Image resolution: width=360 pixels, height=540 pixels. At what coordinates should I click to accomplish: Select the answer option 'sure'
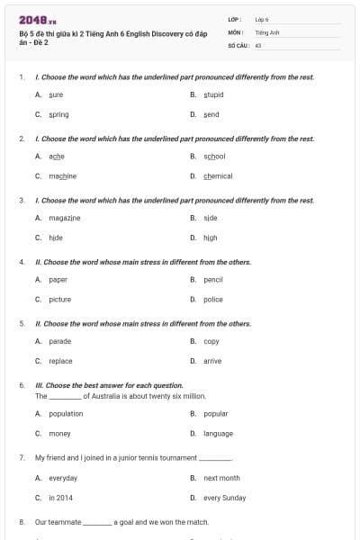click(56, 94)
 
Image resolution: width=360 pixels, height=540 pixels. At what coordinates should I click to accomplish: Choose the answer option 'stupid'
click(213, 94)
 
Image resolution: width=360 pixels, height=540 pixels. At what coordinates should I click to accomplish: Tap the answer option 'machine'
click(62, 175)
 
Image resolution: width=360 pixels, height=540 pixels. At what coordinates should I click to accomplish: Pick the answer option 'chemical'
click(218, 175)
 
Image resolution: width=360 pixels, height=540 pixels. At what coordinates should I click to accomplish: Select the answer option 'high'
click(211, 238)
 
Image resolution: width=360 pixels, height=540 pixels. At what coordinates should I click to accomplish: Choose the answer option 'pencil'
click(213, 279)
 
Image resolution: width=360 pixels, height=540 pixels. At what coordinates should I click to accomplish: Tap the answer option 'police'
click(213, 299)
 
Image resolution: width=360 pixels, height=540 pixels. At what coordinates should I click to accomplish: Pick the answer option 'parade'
click(59, 341)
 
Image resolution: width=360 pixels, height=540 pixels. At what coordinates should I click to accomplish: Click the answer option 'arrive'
click(212, 361)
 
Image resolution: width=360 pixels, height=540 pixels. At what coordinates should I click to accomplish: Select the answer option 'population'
click(66, 413)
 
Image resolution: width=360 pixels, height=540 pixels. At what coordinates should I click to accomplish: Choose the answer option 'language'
click(218, 433)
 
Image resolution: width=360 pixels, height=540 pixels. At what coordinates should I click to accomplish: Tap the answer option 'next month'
click(221, 478)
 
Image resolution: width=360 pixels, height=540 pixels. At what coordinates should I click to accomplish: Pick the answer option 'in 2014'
click(61, 497)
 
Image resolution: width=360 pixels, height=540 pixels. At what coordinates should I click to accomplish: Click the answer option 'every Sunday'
click(224, 497)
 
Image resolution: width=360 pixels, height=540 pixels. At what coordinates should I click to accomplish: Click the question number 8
click(22, 521)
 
